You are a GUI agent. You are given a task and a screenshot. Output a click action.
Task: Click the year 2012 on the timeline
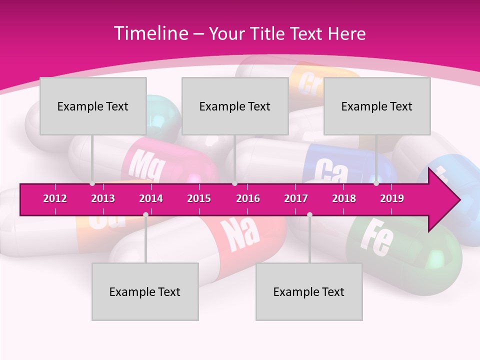(55, 198)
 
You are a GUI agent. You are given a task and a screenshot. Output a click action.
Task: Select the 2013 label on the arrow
(103, 198)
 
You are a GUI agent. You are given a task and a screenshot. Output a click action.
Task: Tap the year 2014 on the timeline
(151, 198)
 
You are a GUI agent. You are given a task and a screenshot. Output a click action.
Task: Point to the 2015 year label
(199, 198)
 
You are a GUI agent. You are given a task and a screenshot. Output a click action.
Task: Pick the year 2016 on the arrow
(248, 198)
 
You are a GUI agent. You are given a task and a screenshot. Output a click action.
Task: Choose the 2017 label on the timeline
(296, 198)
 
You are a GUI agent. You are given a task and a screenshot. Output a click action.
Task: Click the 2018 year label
(344, 198)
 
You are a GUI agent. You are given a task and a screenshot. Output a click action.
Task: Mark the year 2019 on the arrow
(392, 198)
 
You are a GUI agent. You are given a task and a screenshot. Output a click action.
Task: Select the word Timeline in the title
(149, 33)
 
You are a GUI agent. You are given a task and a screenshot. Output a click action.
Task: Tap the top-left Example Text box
(93, 106)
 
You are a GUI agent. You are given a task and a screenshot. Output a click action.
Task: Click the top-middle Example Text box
(235, 106)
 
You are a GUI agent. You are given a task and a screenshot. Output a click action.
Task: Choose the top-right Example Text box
(377, 106)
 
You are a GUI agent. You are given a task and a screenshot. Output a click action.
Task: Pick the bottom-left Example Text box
(145, 291)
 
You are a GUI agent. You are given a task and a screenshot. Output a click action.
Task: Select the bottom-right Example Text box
(309, 291)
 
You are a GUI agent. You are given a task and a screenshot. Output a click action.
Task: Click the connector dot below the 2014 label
(145, 214)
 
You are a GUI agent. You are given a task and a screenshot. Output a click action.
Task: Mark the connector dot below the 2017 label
(309, 214)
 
